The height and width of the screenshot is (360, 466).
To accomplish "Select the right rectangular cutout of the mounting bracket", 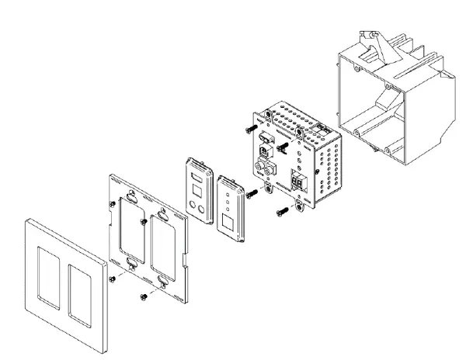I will (165, 240).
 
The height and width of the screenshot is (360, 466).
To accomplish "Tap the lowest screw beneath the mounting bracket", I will (143, 296).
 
